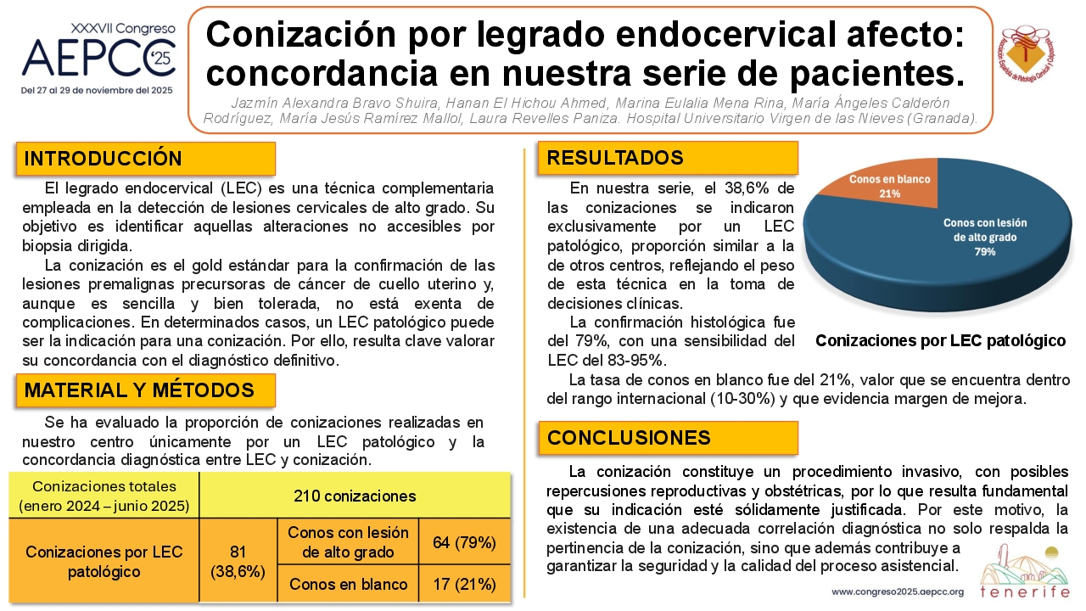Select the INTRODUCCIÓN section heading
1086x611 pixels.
pos(145,159)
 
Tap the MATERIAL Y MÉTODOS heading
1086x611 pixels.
pos(145,390)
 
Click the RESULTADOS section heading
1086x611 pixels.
pos(668,158)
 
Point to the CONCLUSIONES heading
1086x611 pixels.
pos(668,438)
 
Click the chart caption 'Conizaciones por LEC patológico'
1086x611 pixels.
pos(941,341)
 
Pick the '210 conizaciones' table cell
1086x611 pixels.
pos(355,496)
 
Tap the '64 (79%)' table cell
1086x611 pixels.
pos(464,542)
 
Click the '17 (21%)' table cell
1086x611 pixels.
pos(464,584)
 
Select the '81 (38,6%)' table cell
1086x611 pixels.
pos(238,562)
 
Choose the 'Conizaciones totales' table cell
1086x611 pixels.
pos(104,496)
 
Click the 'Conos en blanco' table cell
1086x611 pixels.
pos(348,584)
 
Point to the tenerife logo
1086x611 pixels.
pos(1024,572)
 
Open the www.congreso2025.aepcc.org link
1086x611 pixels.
pos(898,592)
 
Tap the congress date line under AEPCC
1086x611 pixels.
pos(97,91)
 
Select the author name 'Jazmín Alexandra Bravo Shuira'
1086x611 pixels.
pos(335,104)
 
